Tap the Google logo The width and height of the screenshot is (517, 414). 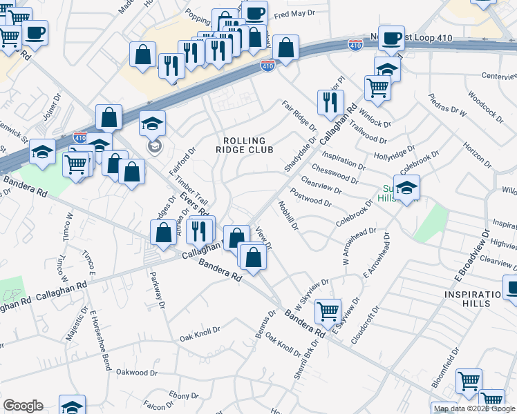click(23, 406)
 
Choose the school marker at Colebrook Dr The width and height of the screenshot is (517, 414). click(407, 188)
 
